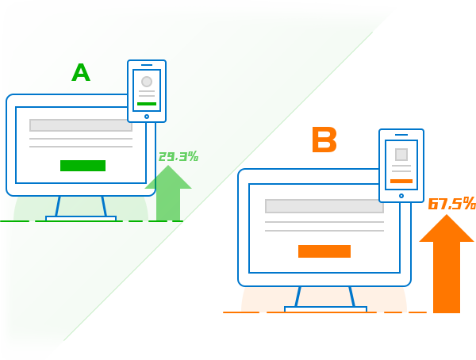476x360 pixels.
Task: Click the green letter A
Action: pos(80,74)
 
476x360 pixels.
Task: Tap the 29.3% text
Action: pos(178,157)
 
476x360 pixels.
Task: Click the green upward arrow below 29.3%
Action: pos(168,194)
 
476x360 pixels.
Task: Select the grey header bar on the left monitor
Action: pos(81,125)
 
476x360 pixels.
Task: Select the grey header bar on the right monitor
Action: pos(324,206)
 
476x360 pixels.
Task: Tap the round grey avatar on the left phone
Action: pos(147,82)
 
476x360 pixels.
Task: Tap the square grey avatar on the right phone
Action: pos(401,155)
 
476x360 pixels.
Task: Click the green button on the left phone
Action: pos(147,104)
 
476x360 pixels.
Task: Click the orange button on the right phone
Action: pos(401,181)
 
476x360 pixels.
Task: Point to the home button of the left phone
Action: pos(147,117)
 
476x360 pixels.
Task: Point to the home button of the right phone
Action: pos(401,195)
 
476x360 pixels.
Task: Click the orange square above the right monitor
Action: pos(324,139)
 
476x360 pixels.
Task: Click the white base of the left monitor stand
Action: pos(81,219)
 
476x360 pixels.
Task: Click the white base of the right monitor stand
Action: pos(325,309)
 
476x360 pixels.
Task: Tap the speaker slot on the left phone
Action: pos(147,65)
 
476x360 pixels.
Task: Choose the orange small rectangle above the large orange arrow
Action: pos(451,203)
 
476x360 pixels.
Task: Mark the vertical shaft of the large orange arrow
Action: pos(446,278)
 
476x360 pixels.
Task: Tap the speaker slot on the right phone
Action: pos(401,135)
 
